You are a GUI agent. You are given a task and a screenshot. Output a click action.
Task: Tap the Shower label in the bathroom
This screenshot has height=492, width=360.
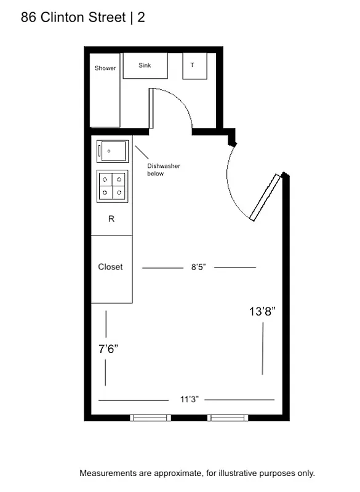pos(105,68)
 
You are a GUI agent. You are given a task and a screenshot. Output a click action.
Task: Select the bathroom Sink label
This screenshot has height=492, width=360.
pos(145,65)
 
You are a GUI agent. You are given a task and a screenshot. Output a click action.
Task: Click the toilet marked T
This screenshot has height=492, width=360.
pos(193,65)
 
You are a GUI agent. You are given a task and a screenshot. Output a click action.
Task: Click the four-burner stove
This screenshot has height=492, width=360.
pos(112,186)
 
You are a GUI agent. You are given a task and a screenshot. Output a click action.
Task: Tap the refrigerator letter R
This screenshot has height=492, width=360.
pos(111,219)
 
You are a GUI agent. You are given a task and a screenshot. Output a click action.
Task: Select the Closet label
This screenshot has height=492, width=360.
pos(111,267)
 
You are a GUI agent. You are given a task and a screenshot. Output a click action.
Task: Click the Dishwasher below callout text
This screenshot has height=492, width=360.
pos(163,170)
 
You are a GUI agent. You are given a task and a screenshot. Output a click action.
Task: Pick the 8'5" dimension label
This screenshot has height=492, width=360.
pos(198,268)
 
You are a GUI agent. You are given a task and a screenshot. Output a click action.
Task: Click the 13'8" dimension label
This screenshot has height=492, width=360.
pos(262,312)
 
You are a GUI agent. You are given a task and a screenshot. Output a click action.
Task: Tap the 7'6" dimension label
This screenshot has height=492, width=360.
pos(108,349)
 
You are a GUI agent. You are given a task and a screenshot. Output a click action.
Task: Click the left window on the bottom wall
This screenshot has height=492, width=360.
pos(151,418)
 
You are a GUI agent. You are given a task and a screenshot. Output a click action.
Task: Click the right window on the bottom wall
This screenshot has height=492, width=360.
pos(228,418)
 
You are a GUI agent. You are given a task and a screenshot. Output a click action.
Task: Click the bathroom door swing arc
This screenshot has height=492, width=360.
pos(179,101)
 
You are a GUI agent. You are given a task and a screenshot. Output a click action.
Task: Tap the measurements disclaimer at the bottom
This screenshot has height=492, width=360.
pos(197,474)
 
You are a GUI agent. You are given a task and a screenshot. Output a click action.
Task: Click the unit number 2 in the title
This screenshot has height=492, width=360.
pos(142,18)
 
